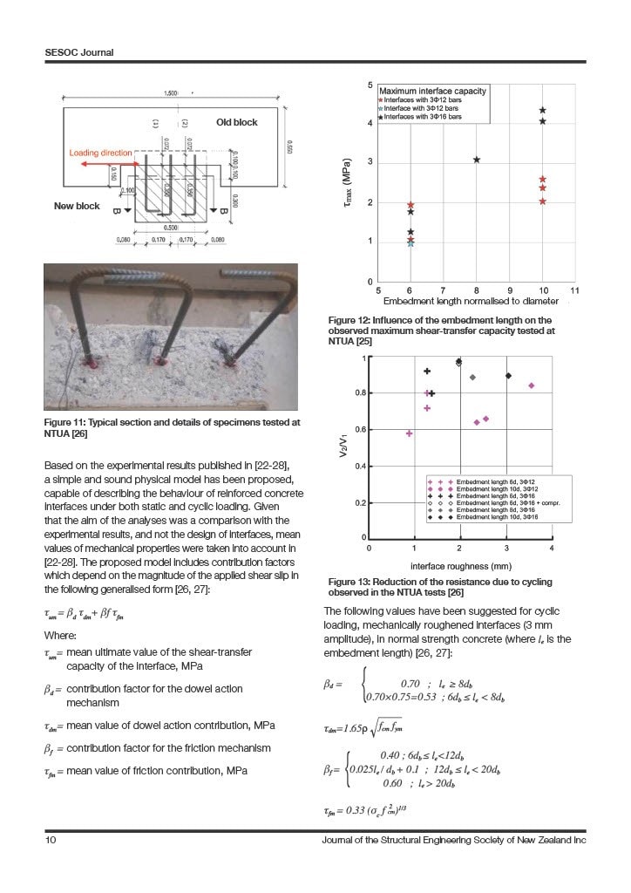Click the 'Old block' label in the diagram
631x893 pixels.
[237, 123]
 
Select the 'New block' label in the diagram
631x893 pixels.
[77, 207]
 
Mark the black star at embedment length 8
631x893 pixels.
[477, 160]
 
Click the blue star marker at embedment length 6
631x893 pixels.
[410, 243]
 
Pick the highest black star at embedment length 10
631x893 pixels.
[543, 111]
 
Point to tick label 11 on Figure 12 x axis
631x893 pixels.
[575, 290]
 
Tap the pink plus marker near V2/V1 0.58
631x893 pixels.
[409, 433]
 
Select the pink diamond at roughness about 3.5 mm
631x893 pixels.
[532, 385]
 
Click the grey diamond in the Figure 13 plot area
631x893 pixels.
[472, 378]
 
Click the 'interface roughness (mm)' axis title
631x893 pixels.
[458, 565]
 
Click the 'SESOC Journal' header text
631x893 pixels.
[79, 52]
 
